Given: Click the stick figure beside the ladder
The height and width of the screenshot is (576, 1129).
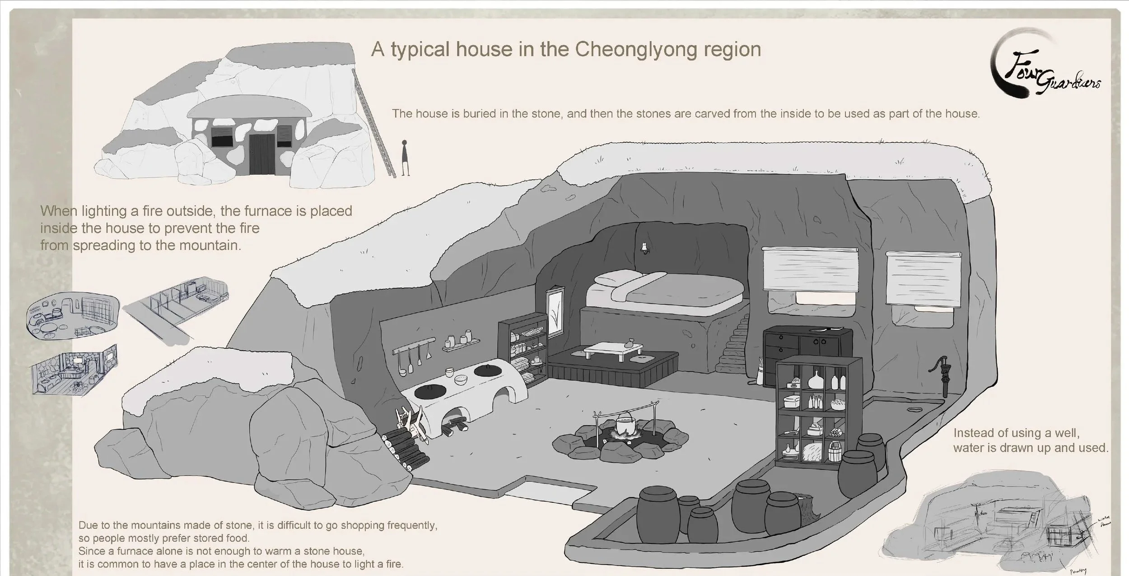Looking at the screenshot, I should click(x=405, y=158).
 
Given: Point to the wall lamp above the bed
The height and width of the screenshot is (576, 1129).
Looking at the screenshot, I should click(x=644, y=247).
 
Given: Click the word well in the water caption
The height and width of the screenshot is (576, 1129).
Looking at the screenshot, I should click(x=1068, y=432).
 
